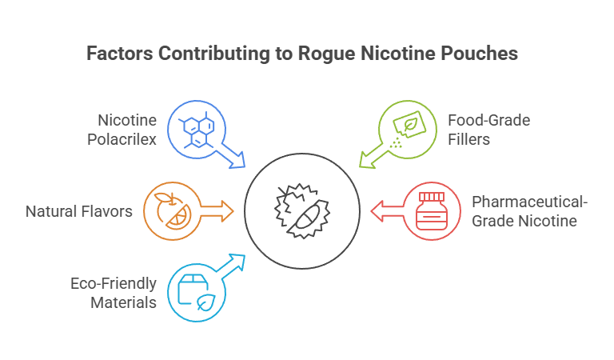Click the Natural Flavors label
click(78, 212)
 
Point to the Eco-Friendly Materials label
click(112, 293)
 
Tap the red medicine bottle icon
click(432, 211)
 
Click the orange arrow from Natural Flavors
click(216, 211)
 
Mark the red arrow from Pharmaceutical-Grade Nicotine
click(386, 211)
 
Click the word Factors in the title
click(119, 54)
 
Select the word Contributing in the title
click(213, 54)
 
